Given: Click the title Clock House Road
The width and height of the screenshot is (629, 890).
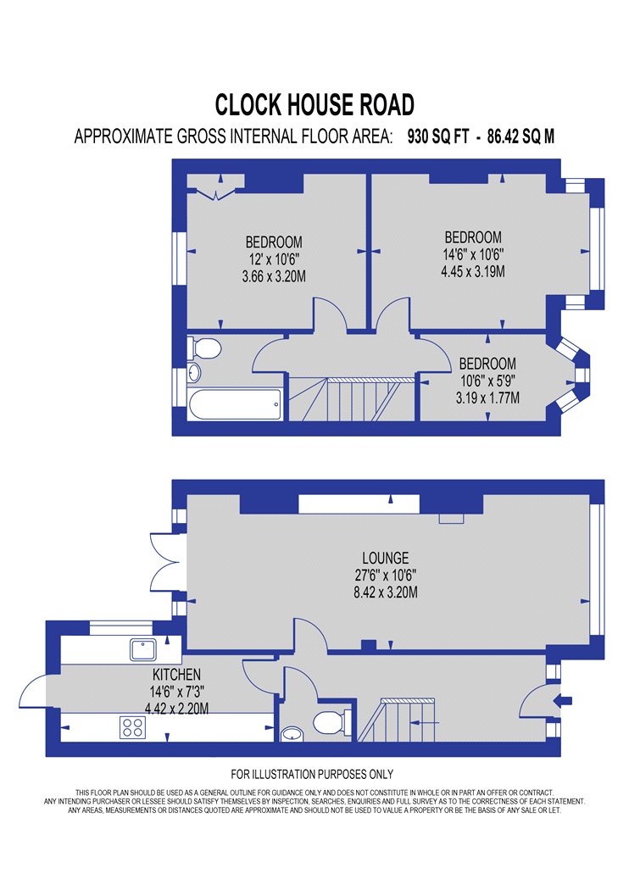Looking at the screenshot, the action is pyautogui.click(x=314, y=105).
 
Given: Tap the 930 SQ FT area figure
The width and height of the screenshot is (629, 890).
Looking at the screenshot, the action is pyautogui.click(x=438, y=136).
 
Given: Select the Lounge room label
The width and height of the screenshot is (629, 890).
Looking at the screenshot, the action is pyautogui.click(x=386, y=558).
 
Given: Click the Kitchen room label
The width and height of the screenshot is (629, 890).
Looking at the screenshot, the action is pyautogui.click(x=176, y=675).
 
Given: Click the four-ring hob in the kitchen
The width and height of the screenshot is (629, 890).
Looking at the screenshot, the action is pyautogui.click(x=133, y=727).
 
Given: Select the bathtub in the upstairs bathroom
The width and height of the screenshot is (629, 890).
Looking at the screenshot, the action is pyautogui.click(x=235, y=404).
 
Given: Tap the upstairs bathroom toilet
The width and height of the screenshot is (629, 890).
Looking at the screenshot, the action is pyautogui.click(x=203, y=348).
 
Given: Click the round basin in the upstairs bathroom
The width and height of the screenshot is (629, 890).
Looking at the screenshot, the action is pyautogui.click(x=194, y=372).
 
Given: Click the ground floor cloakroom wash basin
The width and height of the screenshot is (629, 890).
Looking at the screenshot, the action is pyautogui.click(x=292, y=734).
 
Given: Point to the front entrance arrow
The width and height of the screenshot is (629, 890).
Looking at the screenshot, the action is pyautogui.click(x=566, y=700).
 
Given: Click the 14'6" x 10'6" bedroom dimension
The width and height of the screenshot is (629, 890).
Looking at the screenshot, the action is pyautogui.click(x=473, y=254).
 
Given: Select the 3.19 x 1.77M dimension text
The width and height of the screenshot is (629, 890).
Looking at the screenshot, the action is pyautogui.click(x=487, y=398).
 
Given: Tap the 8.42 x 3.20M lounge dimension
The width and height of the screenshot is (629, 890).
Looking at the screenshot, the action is pyautogui.click(x=386, y=592).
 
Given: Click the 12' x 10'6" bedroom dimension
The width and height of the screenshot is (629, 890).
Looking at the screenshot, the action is pyautogui.click(x=274, y=259).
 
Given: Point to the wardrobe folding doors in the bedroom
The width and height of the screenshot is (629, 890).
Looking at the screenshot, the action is pyautogui.click(x=216, y=193).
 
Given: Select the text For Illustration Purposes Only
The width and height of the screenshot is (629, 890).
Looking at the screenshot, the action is pyautogui.click(x=312, y=774).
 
